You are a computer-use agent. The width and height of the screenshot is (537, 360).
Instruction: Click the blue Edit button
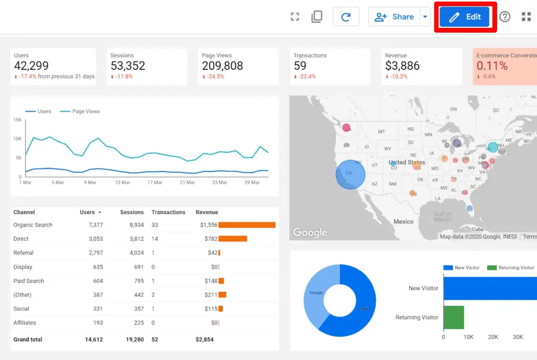pos(465,17)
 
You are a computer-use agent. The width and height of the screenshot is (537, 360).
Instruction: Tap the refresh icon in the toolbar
pos(346,17)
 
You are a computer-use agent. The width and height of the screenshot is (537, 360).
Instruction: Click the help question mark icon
pos(504,17)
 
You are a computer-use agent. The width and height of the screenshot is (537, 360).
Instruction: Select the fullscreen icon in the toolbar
pos(295,17)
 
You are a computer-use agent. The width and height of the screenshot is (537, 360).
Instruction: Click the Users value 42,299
pos(31,66)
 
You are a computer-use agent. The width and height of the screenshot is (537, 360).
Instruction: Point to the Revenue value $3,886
pos(402,66)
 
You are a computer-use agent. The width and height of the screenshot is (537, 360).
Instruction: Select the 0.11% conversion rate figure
pos(492,66)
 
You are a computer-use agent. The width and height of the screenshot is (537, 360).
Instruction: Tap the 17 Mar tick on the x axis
pos(155,183)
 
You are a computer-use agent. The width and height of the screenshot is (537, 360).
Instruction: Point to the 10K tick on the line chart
pos(17,139)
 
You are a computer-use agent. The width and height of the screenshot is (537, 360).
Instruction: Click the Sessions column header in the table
pos(132,212)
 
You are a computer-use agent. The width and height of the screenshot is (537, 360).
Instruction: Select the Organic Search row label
pos(33,225)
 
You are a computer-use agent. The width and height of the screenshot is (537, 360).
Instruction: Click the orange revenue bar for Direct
pos(233,239)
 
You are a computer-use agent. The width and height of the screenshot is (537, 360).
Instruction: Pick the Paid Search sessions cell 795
pos(138,281)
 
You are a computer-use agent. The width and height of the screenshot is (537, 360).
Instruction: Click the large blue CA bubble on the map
pos(350,174)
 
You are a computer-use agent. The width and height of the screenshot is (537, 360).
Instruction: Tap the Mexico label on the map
pos(403,221)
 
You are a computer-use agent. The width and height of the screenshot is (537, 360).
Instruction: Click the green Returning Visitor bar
pos(454,317)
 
